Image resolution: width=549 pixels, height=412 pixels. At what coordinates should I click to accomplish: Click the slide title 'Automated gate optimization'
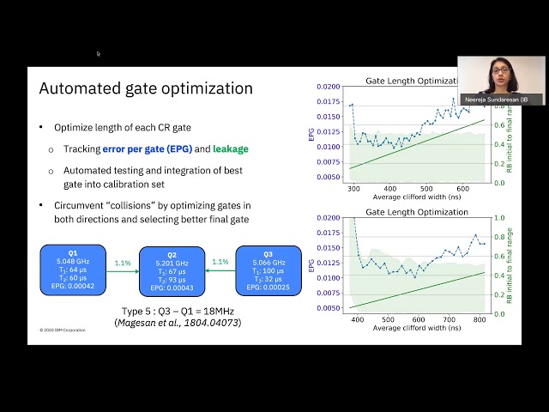pos(146,88)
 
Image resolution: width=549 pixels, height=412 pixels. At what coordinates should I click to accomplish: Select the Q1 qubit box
pos(73,270)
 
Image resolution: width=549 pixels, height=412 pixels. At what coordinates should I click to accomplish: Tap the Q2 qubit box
pos(172,271)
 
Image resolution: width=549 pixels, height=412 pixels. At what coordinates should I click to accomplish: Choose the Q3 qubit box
pos(269,270)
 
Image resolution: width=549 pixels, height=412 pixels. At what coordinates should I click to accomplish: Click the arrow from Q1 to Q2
pos(122,270)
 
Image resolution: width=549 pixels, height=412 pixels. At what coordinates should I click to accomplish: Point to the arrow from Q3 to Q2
pos(220,270)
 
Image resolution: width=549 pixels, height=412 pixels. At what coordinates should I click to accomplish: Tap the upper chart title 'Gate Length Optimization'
pos(409,80)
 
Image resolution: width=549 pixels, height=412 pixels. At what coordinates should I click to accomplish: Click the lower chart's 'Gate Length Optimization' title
pos(409,211)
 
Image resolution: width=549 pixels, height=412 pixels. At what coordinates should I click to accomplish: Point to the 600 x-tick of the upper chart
pos(462,189)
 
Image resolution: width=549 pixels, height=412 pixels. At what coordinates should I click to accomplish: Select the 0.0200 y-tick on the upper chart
pos(327,88)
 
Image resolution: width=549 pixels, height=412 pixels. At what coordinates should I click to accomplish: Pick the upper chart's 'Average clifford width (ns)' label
pos(409,198)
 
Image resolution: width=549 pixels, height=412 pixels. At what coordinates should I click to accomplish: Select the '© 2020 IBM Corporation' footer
pos(61,330)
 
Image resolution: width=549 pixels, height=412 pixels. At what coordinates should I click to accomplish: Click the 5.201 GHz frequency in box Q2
pos(172,264)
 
